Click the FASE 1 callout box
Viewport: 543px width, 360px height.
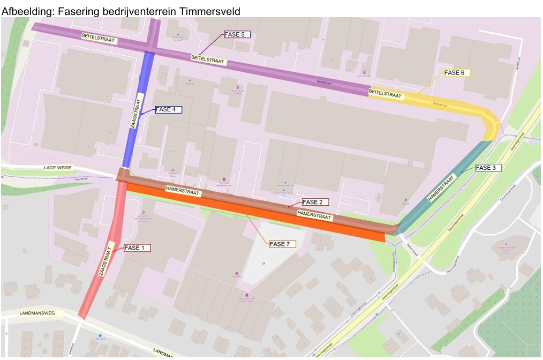coord(137,248)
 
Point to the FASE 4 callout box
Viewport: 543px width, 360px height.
coord(168,109)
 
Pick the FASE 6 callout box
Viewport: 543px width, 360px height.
coord(457,72)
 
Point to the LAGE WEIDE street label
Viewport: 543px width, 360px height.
coord(57,168)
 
